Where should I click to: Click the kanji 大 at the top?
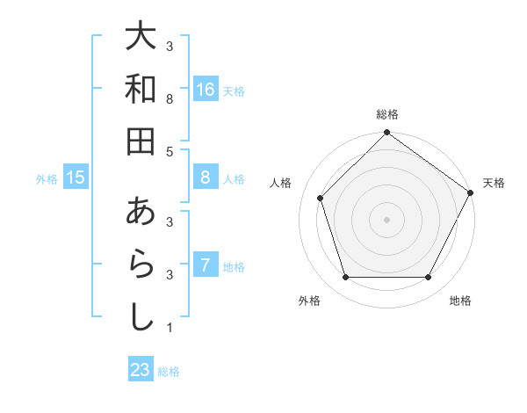tap(141, 37)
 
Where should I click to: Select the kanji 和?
tap(141, 89)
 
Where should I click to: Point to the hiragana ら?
tap(141, 264)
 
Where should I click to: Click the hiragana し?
tap(141, 316)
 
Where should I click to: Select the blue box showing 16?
tap(206, 90)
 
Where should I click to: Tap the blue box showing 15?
tap(76, 178)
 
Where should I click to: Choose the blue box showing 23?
tap(141, 370)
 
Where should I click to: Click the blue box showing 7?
tap(206, 265)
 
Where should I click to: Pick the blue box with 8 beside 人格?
tap(206, 178)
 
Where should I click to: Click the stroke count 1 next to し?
tap(169, 329)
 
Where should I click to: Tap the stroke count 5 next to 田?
tap(169, 152)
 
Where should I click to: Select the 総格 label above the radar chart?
tap(387, 114)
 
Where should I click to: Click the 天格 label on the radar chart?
tap(494, 183)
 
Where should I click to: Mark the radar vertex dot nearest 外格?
tap(345, 278)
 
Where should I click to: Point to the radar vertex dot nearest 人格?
tap(321, 198)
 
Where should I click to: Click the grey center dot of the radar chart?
tap(387, 219)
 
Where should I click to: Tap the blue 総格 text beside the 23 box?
tap(169, 372)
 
